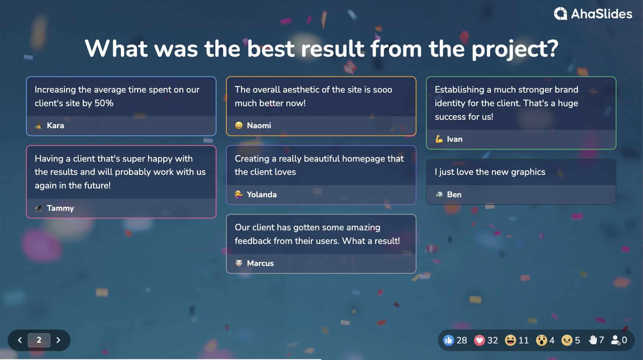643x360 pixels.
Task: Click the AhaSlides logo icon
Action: tap(560, 14)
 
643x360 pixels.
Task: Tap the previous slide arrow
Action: tap(20, 340)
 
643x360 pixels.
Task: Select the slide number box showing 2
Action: tap(39, 340)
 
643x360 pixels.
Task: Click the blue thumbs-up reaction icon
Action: tap(448, 341)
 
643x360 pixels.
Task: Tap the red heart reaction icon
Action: tap(479, 341)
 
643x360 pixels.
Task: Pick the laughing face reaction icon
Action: tap(510, 341)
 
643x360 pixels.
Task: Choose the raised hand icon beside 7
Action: tap(593, 340)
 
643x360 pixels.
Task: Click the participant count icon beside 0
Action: tap(615, 340)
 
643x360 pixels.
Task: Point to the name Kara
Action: tap(55, 126)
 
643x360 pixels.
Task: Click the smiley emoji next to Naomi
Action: tap(239, 126)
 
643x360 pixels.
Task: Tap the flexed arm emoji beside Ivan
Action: tap(439, 139)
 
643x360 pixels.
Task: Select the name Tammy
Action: tap(60, 208)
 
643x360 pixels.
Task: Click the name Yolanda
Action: tap(262, 195)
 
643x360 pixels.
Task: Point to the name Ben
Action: tap(454, 195)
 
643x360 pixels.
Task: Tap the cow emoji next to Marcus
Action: tap(239, 263)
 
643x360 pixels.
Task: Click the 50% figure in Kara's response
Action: tap(104, 103)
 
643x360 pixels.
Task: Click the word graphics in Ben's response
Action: tap(528, 172)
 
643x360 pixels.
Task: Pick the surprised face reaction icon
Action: tap(541, 341)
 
